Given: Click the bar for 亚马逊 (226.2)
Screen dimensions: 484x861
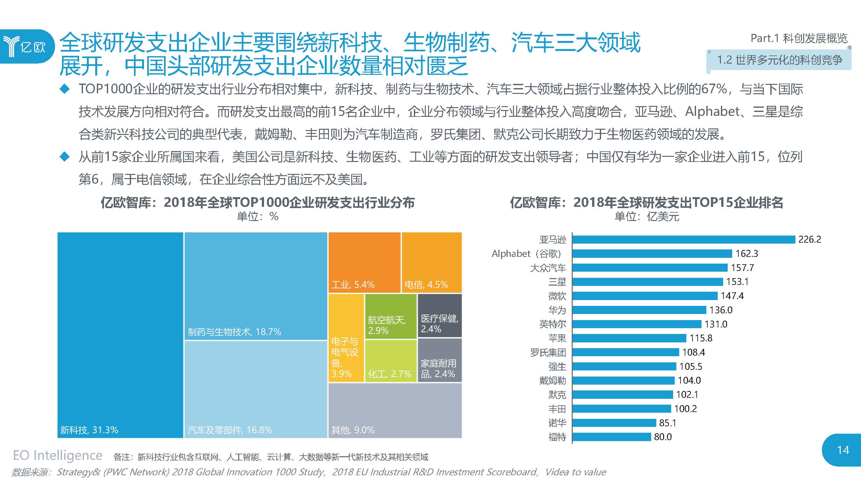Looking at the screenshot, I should tap(683, 239).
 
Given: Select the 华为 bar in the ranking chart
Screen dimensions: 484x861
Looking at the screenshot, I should tap(639, 310).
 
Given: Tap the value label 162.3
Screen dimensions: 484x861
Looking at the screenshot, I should tap(746, 254).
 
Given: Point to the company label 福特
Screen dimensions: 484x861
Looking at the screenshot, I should tap(557, 437).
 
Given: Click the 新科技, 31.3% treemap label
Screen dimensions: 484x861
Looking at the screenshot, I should tap(89, 430).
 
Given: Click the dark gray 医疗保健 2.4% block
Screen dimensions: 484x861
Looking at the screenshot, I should tap(439, 316).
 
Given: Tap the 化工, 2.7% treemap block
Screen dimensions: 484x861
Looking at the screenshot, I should tap(390, 361).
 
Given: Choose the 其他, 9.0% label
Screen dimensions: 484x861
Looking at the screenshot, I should tap(353, 430).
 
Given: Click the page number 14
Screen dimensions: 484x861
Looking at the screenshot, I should tap(843, 450).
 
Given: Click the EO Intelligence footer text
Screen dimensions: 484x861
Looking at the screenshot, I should tap(57, 456).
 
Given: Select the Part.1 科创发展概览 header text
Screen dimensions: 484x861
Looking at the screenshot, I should tap(799, 38).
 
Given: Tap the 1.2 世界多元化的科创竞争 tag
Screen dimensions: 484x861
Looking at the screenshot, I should tap(779, 60).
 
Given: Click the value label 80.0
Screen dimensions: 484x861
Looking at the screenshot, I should tap(662, 437).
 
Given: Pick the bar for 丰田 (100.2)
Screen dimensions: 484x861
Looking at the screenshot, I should tap(622, 408).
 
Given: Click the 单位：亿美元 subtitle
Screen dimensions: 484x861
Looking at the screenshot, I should tap(646, 217).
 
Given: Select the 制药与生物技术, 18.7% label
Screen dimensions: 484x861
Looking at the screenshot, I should tap(234, 332).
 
